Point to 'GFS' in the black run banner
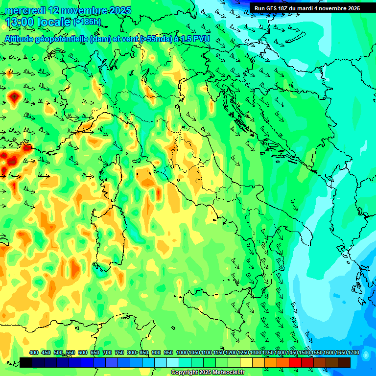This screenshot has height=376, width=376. click(x=272, y=8)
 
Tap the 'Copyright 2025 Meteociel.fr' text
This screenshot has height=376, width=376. click(x=208, y=373)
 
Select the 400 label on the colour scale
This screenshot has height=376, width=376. click(x=34, y=353)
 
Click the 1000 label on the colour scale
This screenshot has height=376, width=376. click(x=182, y=353)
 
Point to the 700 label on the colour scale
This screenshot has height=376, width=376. click(x=107, y=353)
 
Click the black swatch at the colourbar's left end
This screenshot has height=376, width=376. click(x=26, y=362)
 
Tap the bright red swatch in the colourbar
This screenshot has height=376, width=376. click(x=295, y=362)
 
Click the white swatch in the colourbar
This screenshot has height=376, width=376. click(x=173, y=362)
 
